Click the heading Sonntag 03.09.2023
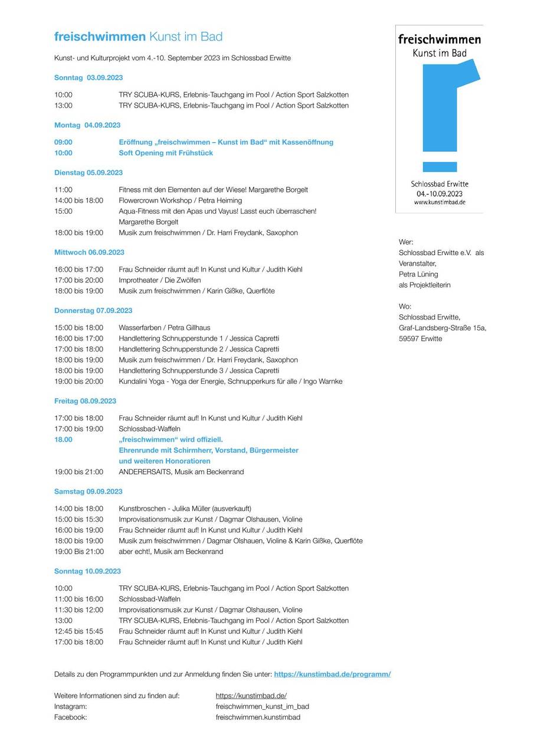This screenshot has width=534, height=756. coord(89,78)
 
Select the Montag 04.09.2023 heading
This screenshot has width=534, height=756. coord(87,125)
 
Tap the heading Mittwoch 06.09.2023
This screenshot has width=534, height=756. coord(89,252)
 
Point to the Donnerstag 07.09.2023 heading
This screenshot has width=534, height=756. coord(93,311)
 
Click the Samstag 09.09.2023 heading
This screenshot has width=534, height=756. coord(89,491)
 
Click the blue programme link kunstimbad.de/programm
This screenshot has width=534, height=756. coord(332,674)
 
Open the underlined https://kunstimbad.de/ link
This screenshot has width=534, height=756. coord(251,696)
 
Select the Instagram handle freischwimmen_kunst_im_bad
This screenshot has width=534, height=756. coord(263,706)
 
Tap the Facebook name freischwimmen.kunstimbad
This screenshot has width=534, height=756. coord(258,717)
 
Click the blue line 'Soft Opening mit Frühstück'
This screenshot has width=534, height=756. coord(166,153)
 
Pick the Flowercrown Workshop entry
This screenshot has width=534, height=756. coord(180,201)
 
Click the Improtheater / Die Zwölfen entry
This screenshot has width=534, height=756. coord(159,280)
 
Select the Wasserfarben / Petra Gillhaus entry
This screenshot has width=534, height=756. coord(164,328)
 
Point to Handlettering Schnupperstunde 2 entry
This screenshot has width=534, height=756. coord(199,349)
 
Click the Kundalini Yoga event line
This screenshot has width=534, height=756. coord(230,382)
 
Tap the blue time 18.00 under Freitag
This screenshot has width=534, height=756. coord(64,439)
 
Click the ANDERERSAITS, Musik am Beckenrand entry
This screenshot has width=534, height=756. coord(181,472)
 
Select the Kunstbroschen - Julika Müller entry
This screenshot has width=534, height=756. coord(185,509)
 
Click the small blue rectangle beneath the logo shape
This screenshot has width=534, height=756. coord(440,167)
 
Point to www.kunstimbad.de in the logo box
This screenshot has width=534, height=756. coord(440,202)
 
